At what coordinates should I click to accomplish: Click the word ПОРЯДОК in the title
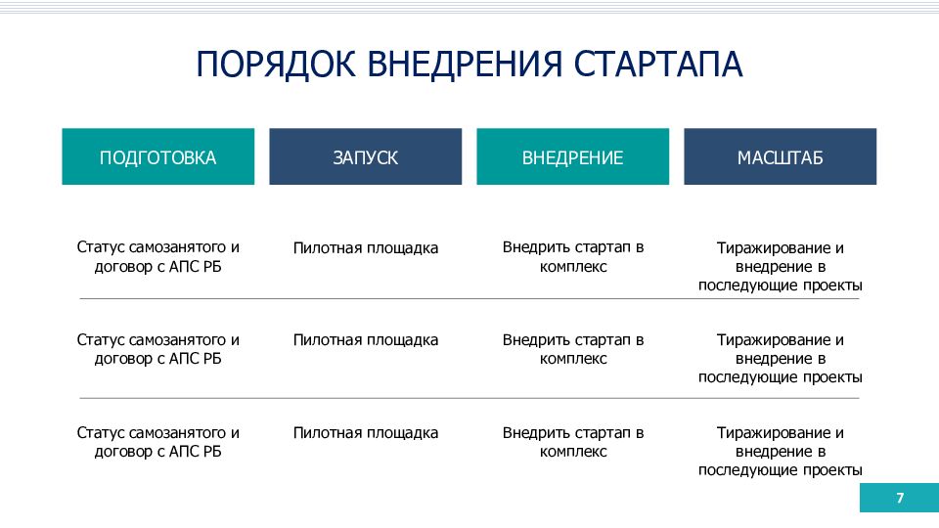point(276,65)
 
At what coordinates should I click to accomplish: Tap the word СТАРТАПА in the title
point(658,65)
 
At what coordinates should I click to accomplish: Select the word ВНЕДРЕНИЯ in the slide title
point(465,65)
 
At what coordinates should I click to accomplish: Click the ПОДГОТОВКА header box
point(158,156)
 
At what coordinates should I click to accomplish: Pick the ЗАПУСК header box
point(365,156)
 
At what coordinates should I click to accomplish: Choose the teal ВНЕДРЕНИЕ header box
point(572,156)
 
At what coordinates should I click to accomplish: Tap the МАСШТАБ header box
point(781,156)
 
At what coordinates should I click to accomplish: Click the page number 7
point(900,498)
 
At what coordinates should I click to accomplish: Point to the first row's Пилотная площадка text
point(365,248)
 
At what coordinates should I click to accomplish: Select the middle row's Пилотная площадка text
point(365,340)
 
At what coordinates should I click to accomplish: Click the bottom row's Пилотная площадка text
point(365,433)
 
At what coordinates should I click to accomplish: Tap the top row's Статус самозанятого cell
point(158,257)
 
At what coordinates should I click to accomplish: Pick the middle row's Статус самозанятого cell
point(158,349)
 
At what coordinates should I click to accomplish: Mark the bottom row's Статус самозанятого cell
point(158,442)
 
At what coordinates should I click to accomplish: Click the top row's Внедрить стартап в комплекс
point(573,257)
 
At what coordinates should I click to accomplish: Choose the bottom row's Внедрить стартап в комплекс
point(573,442)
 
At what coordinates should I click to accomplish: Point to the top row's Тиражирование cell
point(781,266)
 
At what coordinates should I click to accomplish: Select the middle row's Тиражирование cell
point(781,359)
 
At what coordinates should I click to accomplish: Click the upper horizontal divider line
point(469,298)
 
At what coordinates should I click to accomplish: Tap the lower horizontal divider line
point(469,398)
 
